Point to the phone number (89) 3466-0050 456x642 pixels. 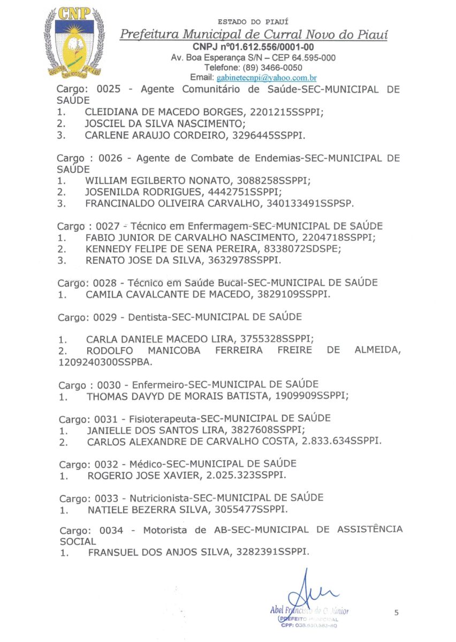click(x=272, y=67)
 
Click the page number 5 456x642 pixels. click(x=397, y=613)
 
